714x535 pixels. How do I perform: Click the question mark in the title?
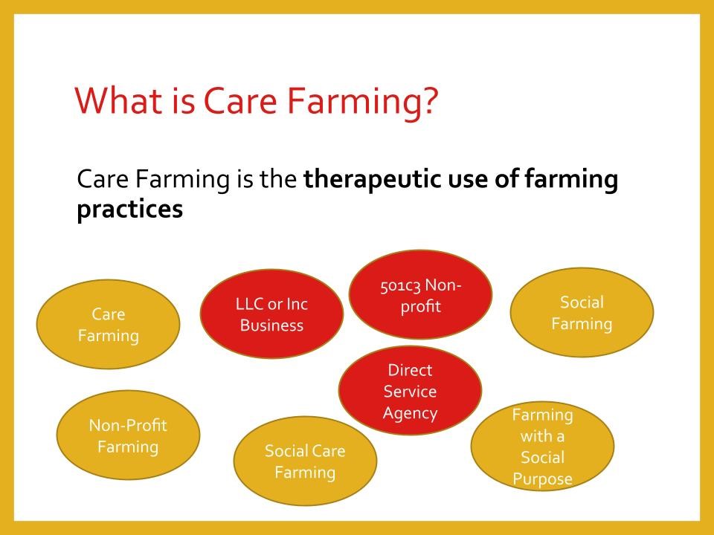click(429, 100)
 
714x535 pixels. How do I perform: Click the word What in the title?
click(118, 100)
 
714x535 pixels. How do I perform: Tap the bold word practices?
click(129, 210)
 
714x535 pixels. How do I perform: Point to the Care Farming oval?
click(109, 324)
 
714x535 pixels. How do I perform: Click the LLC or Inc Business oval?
click(272, 314)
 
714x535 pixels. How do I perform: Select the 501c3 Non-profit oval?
click(421, 294)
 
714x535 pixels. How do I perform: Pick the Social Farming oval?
click(582, 312)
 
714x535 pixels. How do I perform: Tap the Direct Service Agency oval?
click(411, 390)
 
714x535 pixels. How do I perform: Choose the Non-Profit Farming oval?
click(129, 435)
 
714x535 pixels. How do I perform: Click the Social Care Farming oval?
click(305, 461)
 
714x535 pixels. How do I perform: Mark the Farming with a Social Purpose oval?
click(542, 446)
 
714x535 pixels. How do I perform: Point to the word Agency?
click(411, 414)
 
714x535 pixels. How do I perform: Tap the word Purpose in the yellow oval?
click(542, 479)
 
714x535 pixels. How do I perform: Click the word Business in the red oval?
click(272, 325)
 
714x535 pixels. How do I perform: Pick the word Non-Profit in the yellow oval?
click(128, 425)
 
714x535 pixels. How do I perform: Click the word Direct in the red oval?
click(410, 370)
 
